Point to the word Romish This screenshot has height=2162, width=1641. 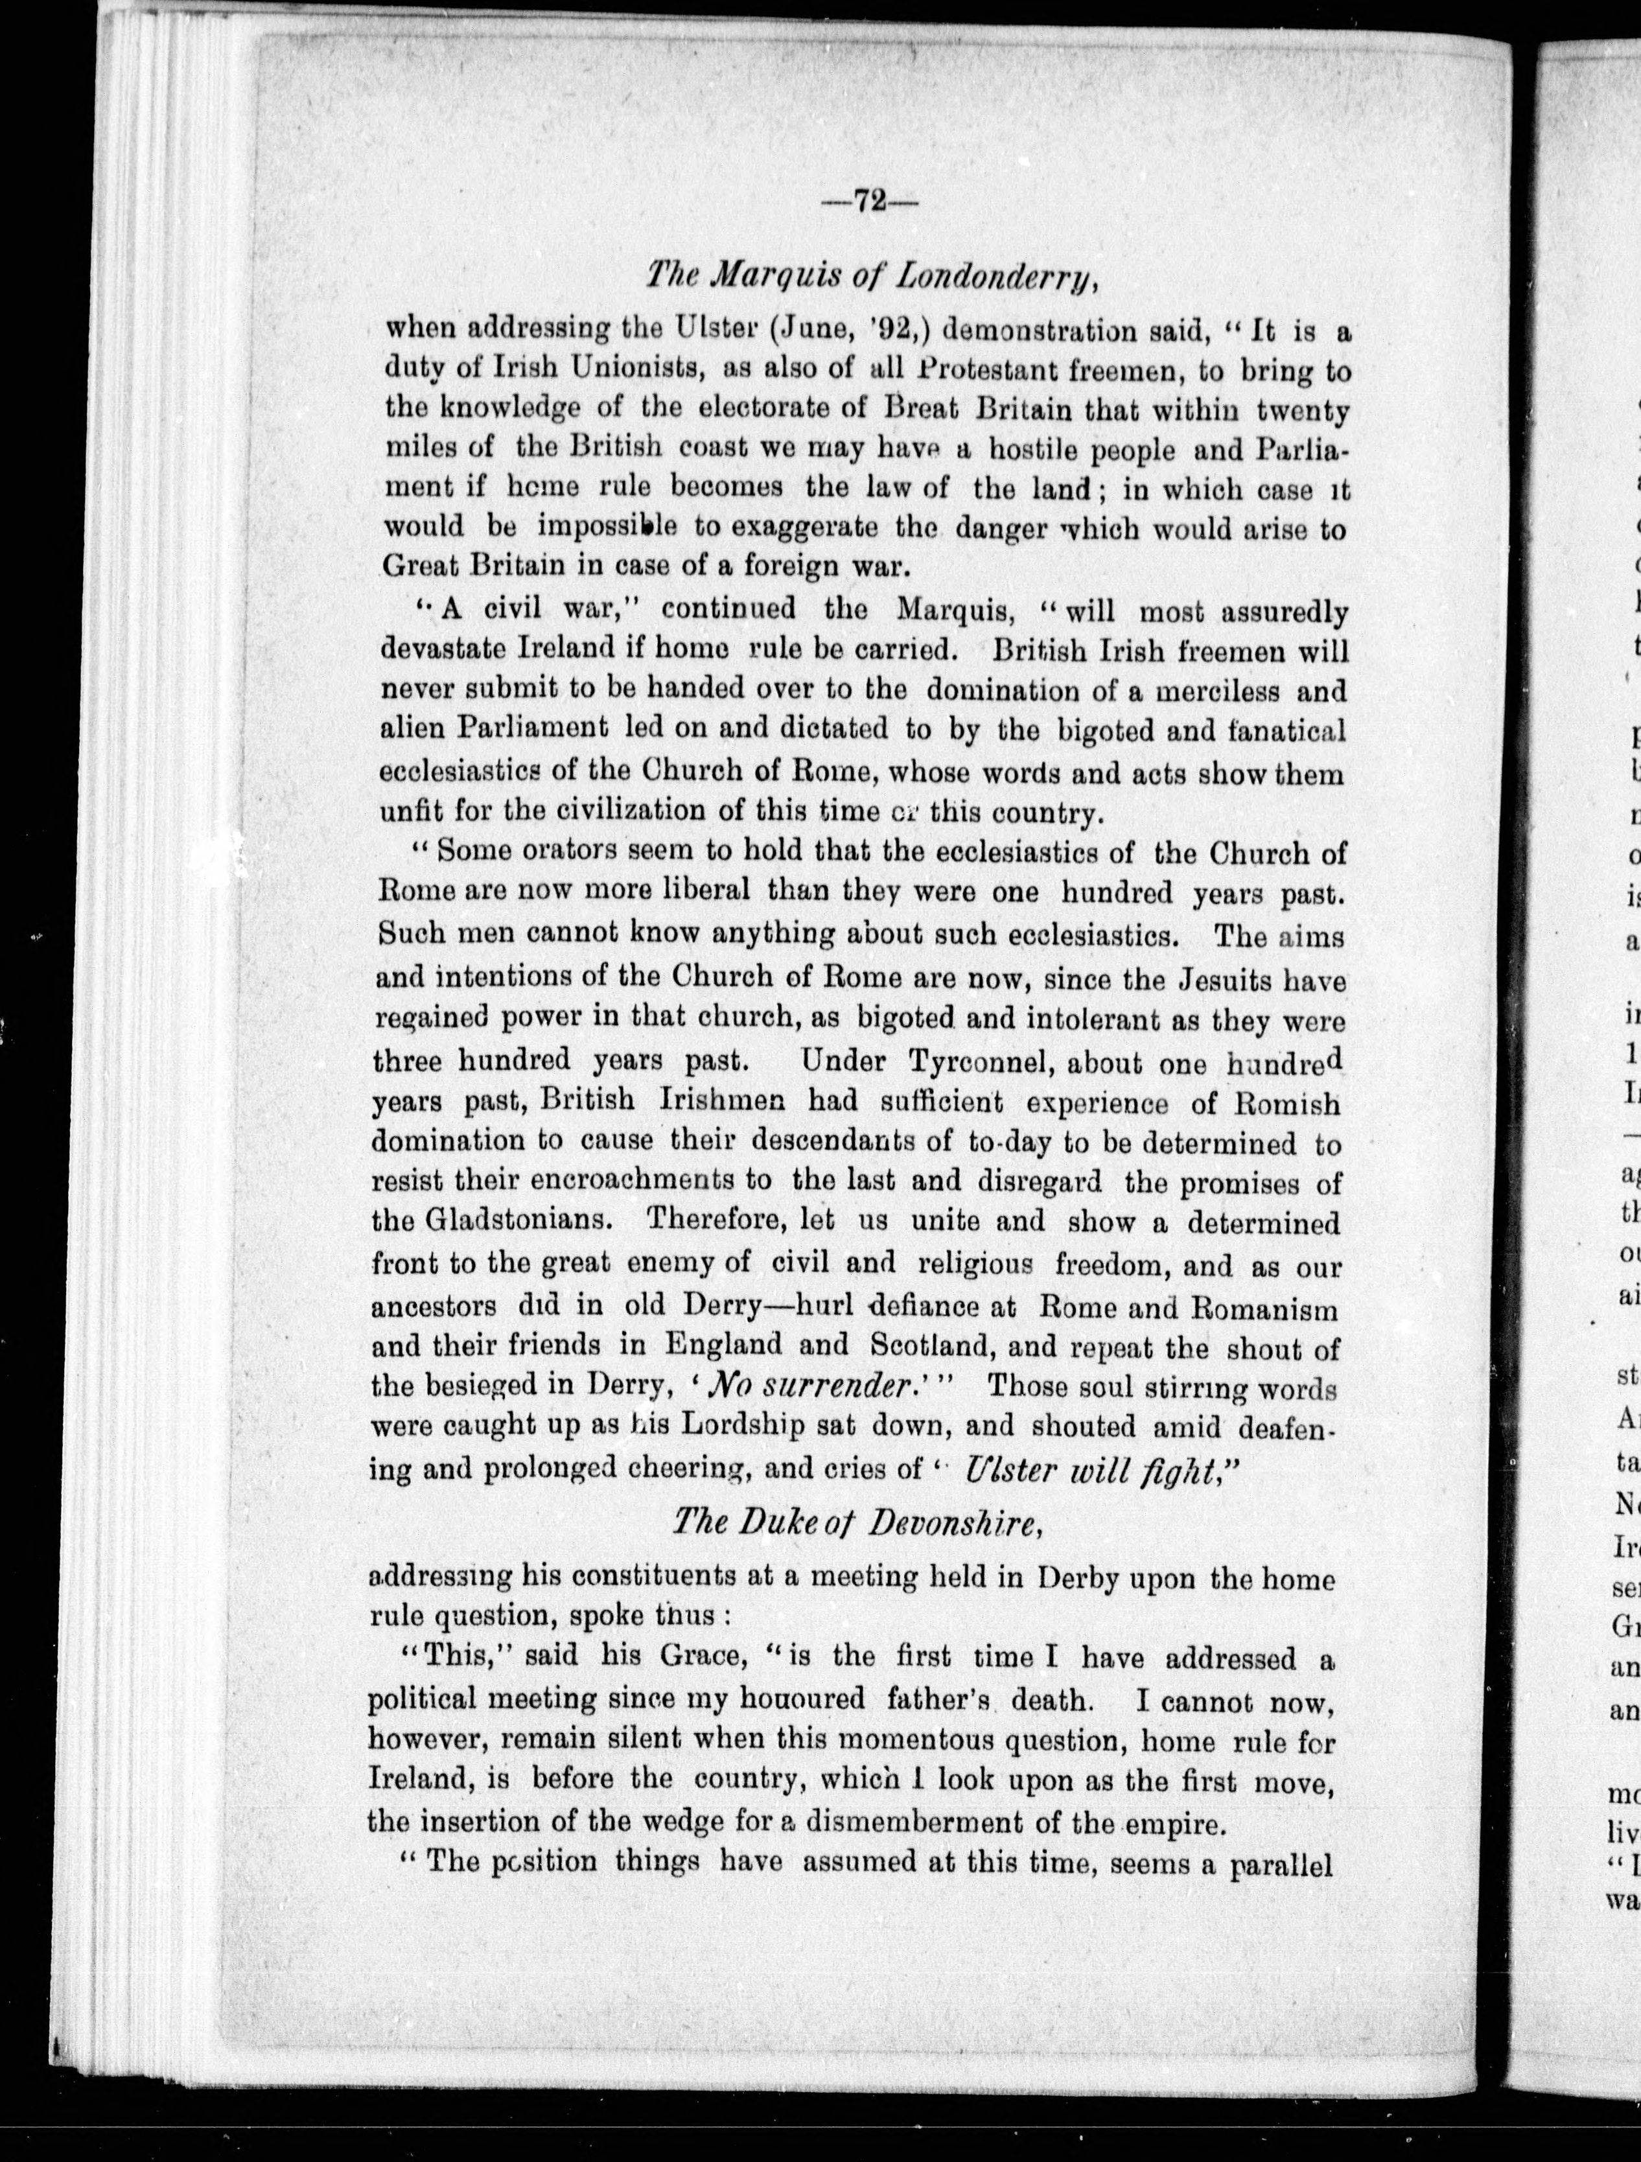1285,1104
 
